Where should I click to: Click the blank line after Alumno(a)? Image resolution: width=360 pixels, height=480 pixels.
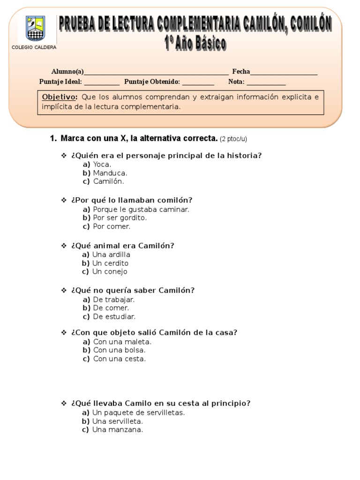tap(156, 73)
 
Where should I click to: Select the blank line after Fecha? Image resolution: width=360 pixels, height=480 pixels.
tap(284, 73)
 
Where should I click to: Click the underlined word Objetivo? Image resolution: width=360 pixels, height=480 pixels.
tap(59, 97)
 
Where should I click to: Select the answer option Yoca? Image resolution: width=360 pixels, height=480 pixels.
tap(102, 165)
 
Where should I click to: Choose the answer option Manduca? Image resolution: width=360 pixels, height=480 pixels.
tap(110, 173)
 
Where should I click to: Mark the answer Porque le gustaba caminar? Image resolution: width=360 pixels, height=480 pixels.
tap(141, 210)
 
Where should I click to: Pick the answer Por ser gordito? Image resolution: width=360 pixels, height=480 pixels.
tap(120, 218)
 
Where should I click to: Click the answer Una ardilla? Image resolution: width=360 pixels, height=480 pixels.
tap(111, 255)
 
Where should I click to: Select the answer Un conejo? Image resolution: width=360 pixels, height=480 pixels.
tap(110, 271)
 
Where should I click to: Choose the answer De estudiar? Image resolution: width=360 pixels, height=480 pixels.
tap(114, 316)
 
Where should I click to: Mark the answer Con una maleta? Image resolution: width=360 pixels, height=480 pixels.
tap(122, 342)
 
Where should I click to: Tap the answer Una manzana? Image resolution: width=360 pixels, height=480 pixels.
tap(117, 429)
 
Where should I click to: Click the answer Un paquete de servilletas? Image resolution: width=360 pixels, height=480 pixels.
tap(138, 412)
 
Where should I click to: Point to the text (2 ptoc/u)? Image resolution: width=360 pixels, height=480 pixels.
tap(233, 139)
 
